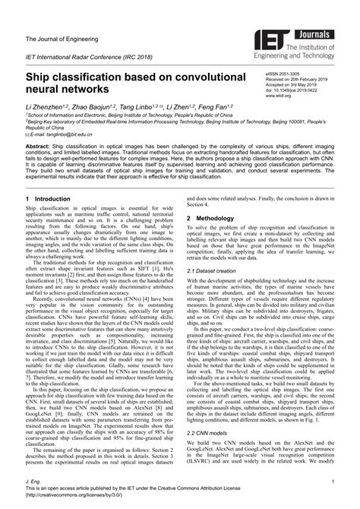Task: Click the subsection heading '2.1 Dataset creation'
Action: (x=216, y=270)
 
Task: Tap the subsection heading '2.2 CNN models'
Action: (x=210, y=455)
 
